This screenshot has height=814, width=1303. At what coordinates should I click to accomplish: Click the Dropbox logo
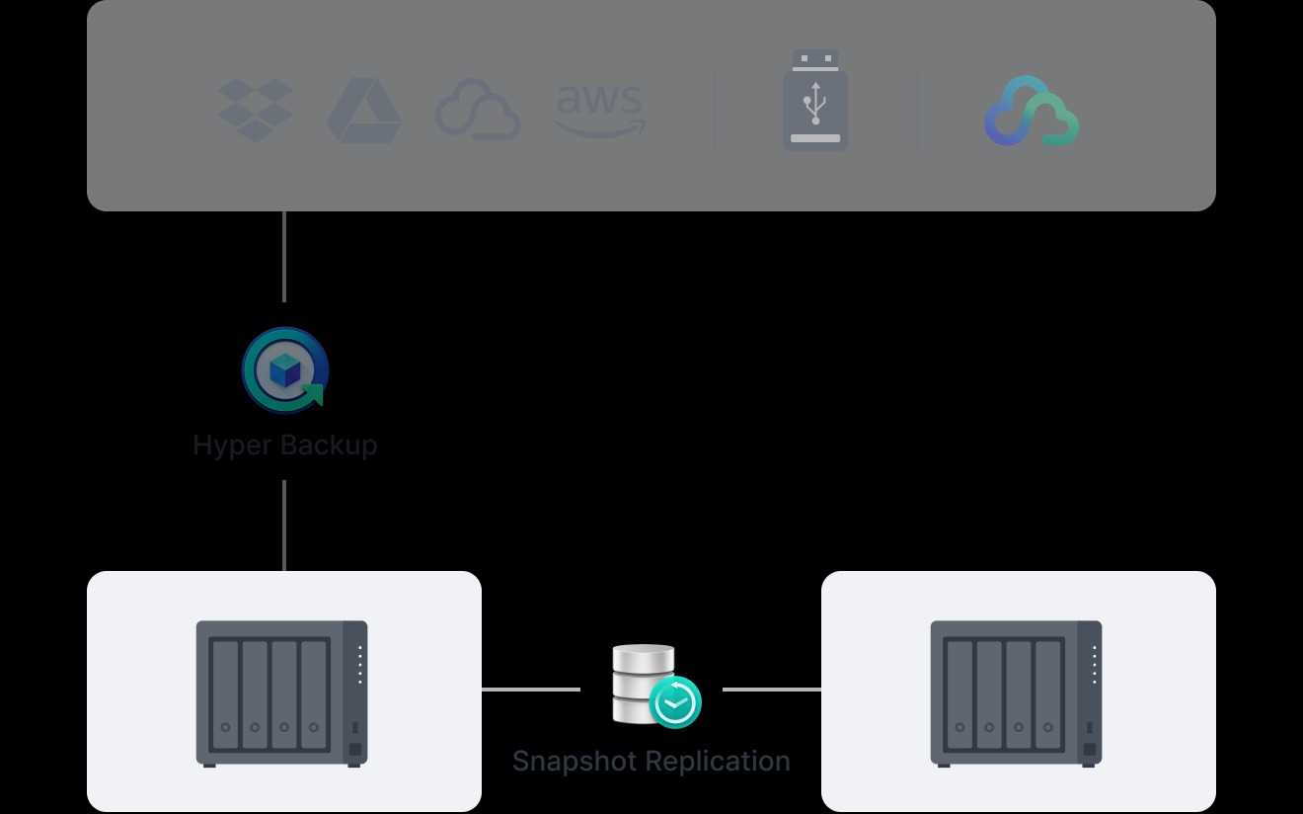coord(255,110)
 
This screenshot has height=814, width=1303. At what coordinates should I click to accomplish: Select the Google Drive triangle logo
coord(363,111)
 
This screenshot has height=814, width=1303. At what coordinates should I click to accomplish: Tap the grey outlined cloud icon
coord(478,110)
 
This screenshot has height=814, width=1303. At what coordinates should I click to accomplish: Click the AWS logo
coord(600,110)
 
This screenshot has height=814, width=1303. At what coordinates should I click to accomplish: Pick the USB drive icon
coord(815,101)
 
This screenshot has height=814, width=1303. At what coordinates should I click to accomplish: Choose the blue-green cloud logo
coord(1031,112)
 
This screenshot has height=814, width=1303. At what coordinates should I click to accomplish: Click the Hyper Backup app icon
coord(284,370)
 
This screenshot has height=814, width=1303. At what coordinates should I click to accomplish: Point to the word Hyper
coord(230,446)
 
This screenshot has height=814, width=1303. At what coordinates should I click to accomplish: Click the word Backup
coord(326,446)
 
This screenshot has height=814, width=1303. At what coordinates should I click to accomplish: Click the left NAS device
coord(282,692)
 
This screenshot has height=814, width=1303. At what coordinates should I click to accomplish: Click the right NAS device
coord(1017,692)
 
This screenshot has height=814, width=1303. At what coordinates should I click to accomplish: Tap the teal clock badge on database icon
coord(675,703)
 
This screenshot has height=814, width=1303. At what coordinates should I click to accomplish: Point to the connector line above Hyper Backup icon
coord(284,257)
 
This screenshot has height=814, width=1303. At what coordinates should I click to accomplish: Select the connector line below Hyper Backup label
coord(284,526)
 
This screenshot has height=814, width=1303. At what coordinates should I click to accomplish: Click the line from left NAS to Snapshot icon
coord(531,690)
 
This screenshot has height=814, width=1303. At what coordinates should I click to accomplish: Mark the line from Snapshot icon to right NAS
coord(772,690)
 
